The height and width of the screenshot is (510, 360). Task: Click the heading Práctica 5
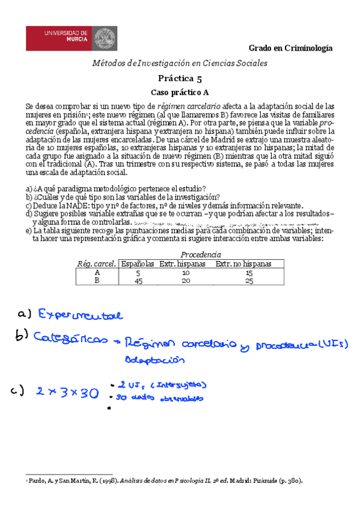(x=180, y=78)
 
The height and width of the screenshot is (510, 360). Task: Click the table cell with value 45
(x=139, y=280)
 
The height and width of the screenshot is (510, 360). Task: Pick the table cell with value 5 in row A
(x=139, y=272)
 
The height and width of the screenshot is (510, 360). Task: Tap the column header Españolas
(x=138, y=263)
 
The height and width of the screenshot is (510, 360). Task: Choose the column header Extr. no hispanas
(x=243, y=263)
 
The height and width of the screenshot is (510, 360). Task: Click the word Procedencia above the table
(x=201, y=254)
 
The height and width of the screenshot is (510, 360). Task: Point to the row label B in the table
(x=97, y=280)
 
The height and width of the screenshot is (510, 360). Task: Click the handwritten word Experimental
(x=81, y=315)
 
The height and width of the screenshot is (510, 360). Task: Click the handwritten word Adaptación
(x=153, y=360)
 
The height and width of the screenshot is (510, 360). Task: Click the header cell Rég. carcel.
(x=97, y=263)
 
